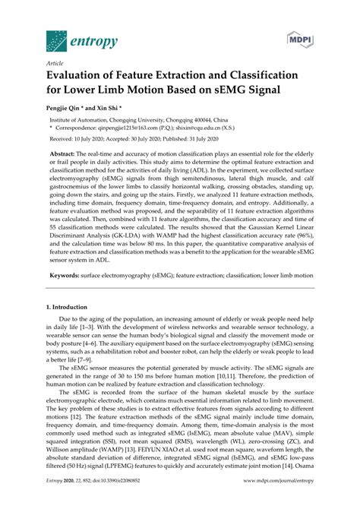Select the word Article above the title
click(55, 66)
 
